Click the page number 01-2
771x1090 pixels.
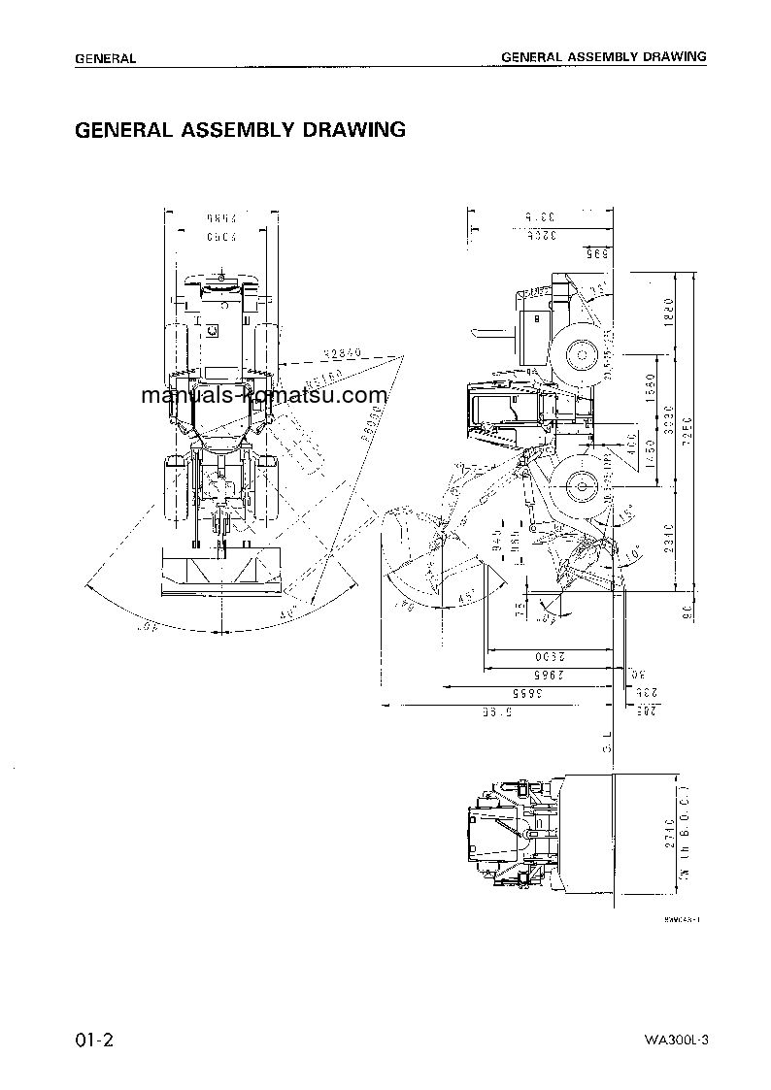[95, 1040]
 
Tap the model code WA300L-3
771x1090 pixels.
[676, 1041]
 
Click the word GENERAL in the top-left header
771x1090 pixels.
[105, 58]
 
